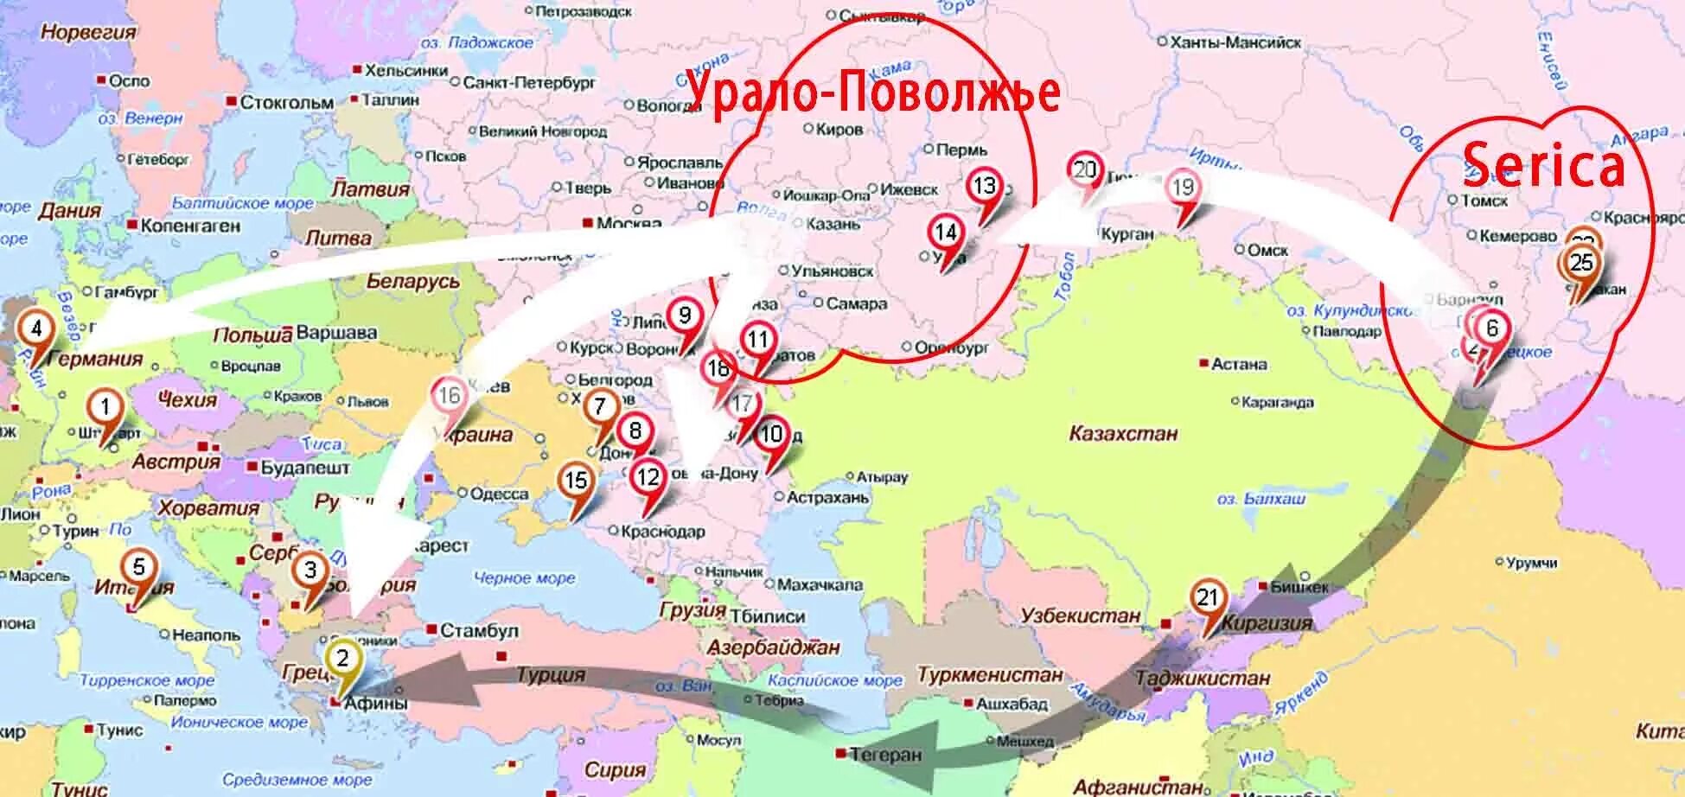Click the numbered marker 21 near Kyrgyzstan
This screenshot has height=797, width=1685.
(x=1207, y=598)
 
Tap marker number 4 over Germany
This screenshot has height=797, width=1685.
(x=36, y=329)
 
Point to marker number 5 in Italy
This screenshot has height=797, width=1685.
(x=139, y=568)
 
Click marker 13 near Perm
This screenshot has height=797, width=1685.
(x=985, y=186)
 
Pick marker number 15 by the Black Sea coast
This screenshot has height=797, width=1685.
(x=576, y=481)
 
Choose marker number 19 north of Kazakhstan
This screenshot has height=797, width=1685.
(x=1183, y=188)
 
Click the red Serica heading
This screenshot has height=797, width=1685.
(x=1543, y=167)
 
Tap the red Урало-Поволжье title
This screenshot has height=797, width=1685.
(x=873, y=91)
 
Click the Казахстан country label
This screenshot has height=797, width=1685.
(x=1123, y=433)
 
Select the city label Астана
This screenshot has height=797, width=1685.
(x=1238, y=365)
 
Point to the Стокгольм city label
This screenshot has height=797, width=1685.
(x=286, y=103)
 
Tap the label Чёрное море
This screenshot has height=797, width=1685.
(x=524, y=578)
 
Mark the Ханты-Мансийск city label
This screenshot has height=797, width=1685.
(x=1235, y=42)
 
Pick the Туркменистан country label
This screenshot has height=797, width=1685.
(x=990, y=674)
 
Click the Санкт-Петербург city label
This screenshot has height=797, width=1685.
(x=529, y=83)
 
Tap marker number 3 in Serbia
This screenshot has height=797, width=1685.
(x=310, y=570)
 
